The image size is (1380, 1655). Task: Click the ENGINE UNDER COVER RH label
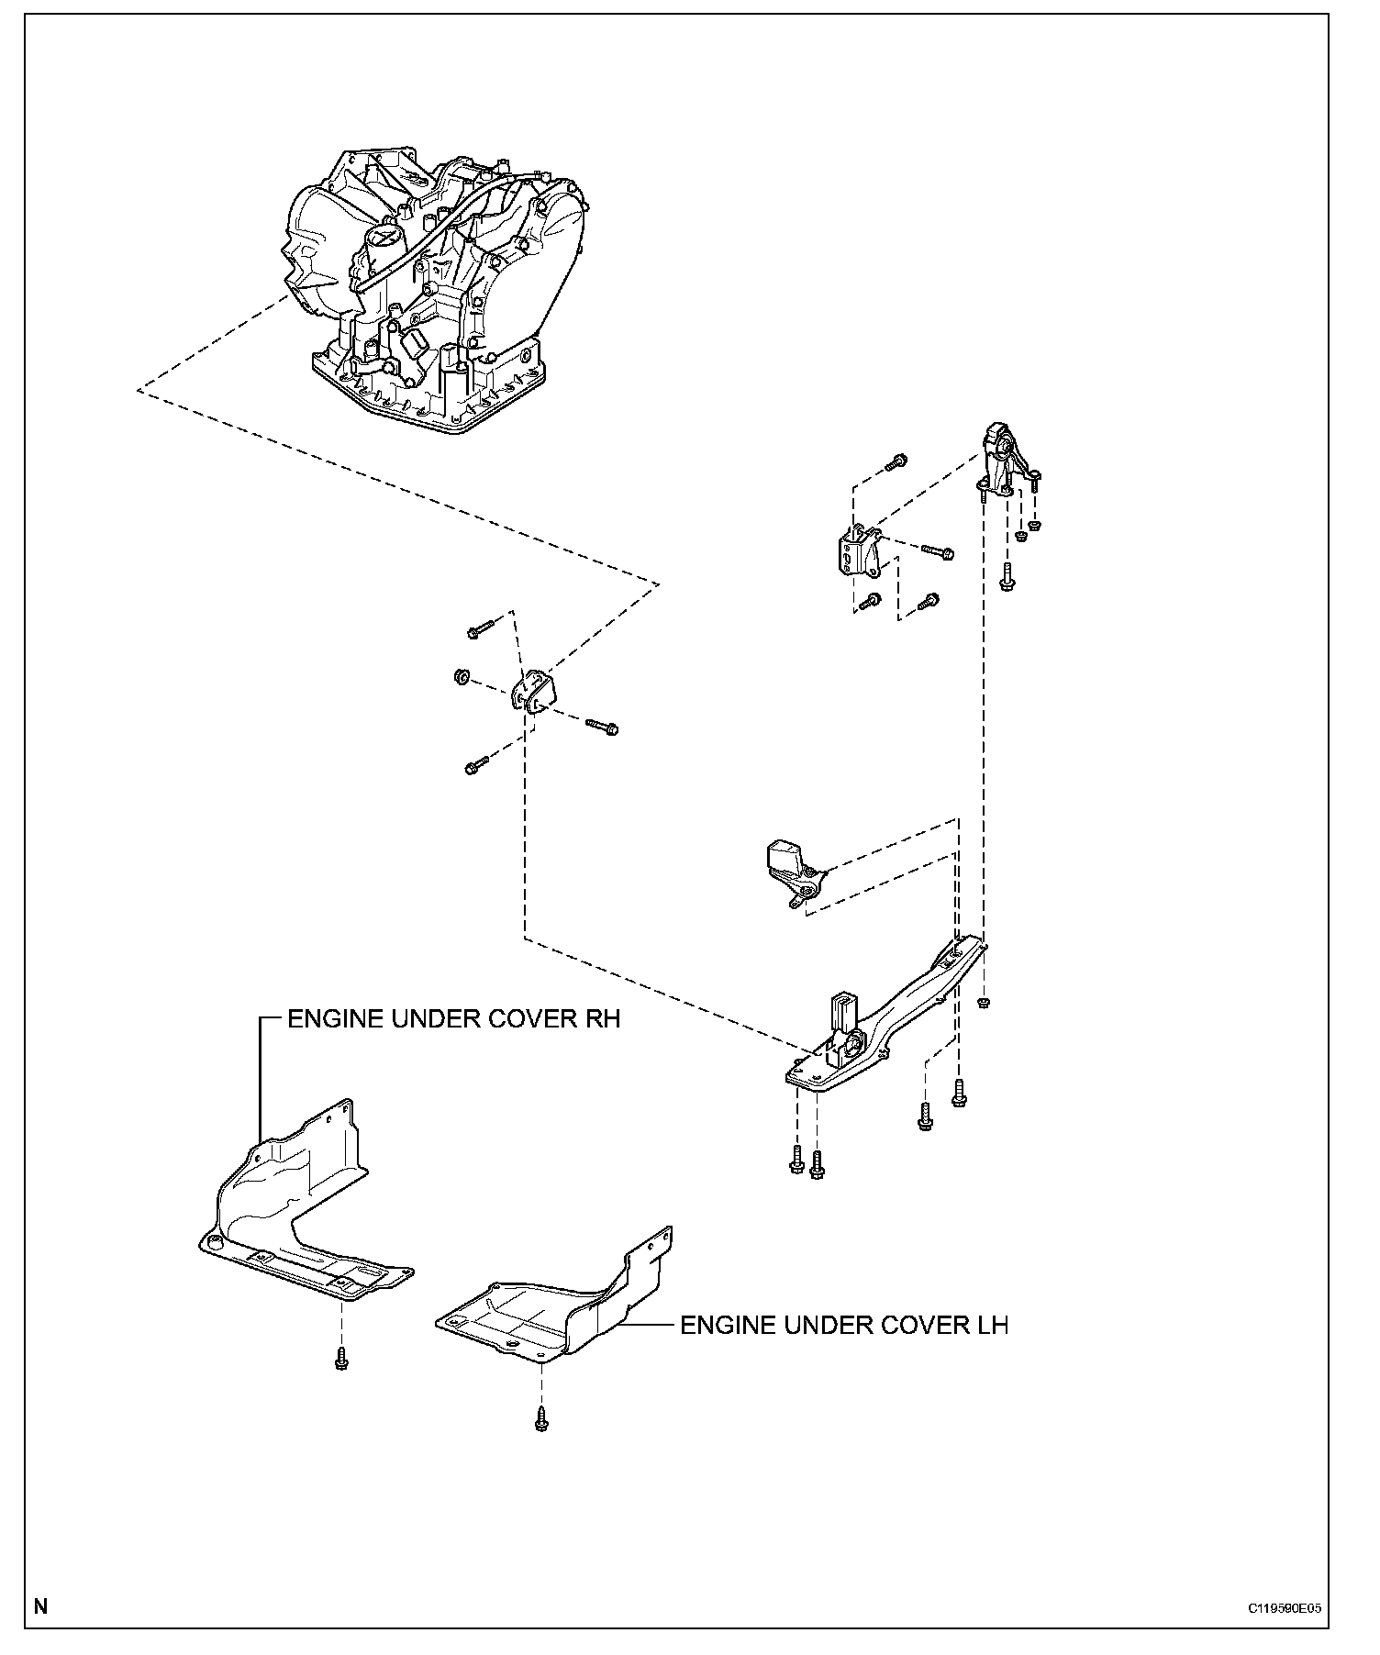(454, 1019)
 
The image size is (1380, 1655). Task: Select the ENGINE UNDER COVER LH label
(843, 1325)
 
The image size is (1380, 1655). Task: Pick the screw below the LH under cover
(541, 1421)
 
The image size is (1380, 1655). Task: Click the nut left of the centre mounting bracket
(462, 678)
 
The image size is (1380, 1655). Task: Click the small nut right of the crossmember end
(984, 1002)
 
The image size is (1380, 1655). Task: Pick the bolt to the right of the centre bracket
(602, 727)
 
